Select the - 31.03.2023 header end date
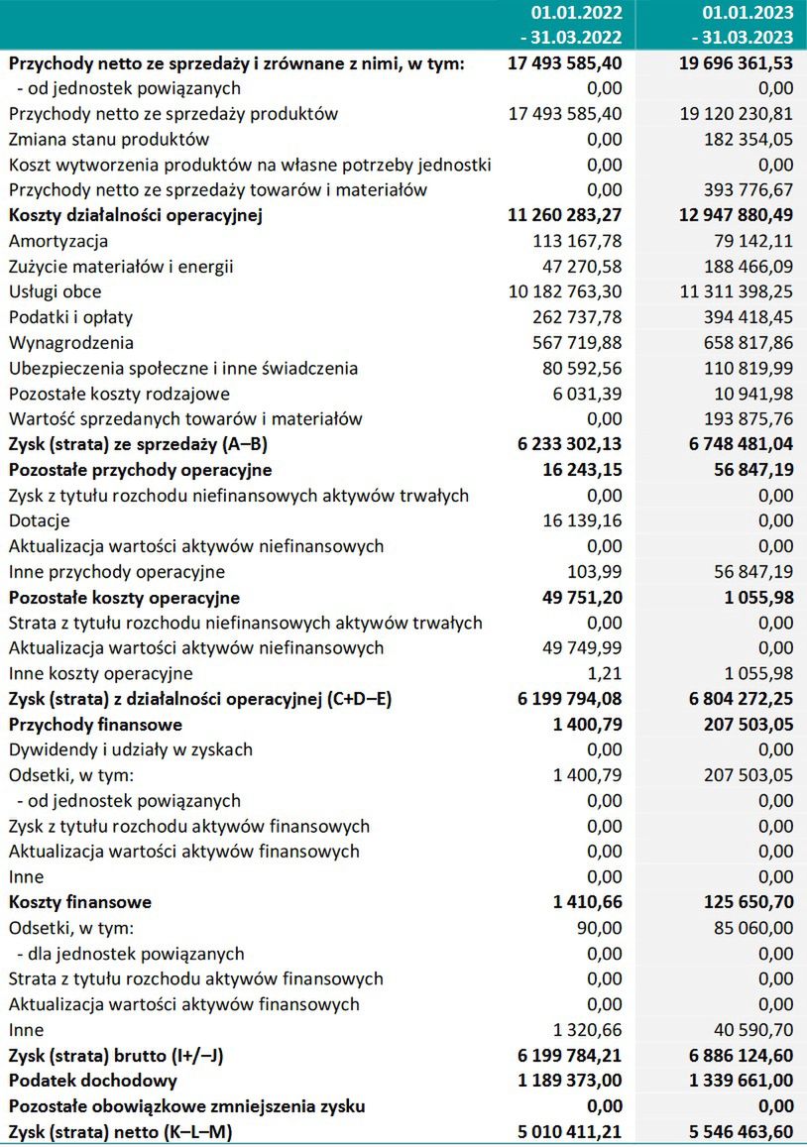coord(741,38)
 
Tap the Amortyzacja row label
coord(58,241)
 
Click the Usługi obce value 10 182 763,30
coord(565,291)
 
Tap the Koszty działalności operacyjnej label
coord(135,215)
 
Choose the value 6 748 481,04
coord(734,444)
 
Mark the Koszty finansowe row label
coord(80,902)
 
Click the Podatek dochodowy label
coord(93,1081)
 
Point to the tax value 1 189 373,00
coord(570,1081)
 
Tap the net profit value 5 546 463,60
coord(734,1131)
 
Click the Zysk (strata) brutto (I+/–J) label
coord(116,1055)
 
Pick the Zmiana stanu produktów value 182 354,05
coord(743,139)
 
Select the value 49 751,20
coord(579,597)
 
